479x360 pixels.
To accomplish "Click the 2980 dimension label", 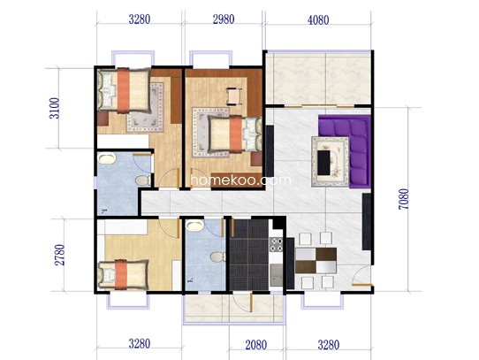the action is point(224,19).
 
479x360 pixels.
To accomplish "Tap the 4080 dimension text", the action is point(318,20).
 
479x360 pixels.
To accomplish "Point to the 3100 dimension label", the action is point(55,108).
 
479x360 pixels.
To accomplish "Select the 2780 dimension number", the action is point(60,255).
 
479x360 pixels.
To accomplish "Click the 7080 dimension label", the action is point(403,199).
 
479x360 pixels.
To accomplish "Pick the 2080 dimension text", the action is point(256,345).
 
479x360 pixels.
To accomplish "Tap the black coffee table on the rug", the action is point(323,163).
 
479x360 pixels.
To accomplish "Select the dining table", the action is point(316,260).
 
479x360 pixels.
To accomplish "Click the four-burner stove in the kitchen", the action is point(276,244).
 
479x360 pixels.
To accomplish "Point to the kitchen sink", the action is point(277,275).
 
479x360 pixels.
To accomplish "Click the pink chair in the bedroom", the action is point(233,96).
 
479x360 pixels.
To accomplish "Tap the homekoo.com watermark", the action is point(240,180).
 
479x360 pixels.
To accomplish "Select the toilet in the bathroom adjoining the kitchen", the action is point(218,257).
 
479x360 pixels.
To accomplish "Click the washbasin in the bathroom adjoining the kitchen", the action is point(195,226).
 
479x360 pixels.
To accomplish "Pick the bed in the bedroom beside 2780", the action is point(123,274).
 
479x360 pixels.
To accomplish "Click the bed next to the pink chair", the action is point(234,134).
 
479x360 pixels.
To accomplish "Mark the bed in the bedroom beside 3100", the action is point(124,90).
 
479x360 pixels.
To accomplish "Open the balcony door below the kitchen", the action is point(244,302).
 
